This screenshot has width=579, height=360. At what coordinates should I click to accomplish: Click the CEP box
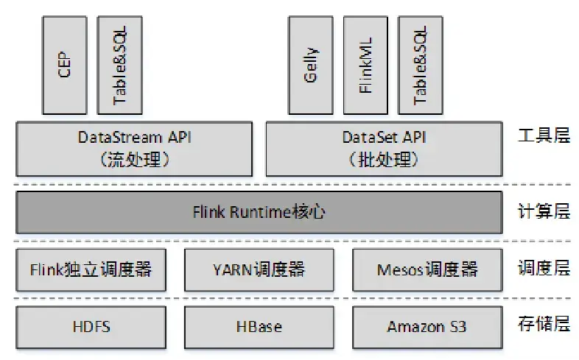click(x=65, y=65)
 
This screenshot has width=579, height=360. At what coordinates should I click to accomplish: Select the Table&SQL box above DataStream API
click(x=119, y=65)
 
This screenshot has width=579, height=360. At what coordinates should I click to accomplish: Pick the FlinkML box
click(x=365, y=65)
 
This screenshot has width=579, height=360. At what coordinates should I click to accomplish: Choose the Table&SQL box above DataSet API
click(x=420, y=65)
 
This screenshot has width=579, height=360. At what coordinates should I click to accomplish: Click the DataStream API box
click(x=134, y=148)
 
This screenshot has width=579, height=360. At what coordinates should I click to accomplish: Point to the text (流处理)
click(x=134, y=160)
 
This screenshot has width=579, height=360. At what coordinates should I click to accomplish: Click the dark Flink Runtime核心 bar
click(x=259, y=213)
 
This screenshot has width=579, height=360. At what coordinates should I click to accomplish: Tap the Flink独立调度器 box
click(x=91, y=269)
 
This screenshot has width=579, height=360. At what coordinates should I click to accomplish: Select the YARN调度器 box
click(x=259, y=269)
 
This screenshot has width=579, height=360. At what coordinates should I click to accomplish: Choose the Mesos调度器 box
click(x=427, y=269)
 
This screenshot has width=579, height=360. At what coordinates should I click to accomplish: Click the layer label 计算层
click(x=544, y=212)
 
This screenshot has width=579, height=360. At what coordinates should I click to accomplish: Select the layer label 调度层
click(x=544, y=269)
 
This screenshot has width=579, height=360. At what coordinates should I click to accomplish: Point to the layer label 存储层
click(x=544, y=325)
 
